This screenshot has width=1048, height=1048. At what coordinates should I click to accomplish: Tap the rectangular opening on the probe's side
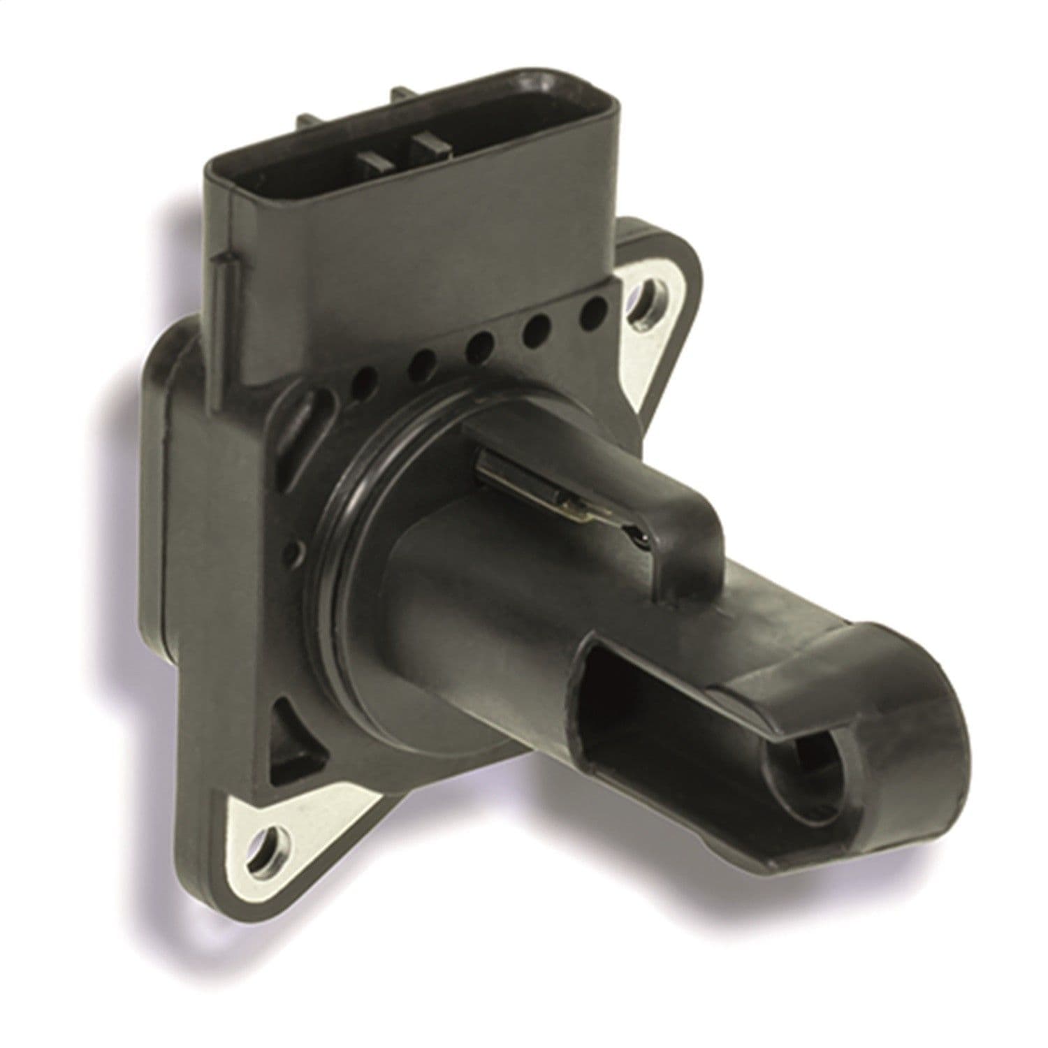[x=629, y=713]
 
